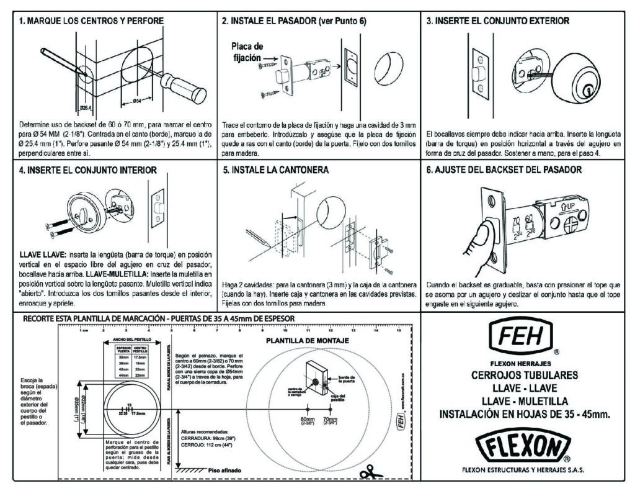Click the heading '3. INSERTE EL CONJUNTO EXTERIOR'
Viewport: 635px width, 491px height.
coord(498,20)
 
